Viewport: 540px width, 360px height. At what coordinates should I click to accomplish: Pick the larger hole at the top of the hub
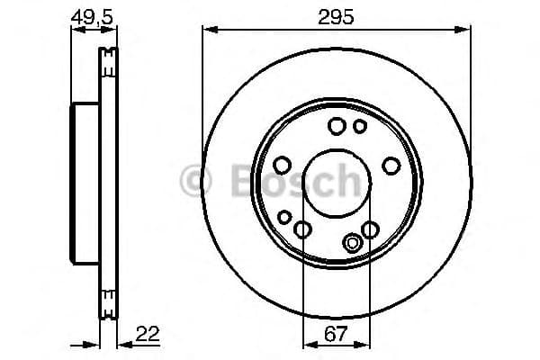coord(337,126)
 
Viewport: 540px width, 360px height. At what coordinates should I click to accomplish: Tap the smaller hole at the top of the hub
coord(360,126)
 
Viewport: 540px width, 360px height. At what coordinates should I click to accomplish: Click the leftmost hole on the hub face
coord(281,166)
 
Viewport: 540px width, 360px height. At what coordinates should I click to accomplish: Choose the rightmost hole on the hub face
coord(391,166)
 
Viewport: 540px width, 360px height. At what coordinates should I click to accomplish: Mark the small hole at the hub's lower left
coord(284,217)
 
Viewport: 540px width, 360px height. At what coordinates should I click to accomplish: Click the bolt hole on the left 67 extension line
coord(303,229)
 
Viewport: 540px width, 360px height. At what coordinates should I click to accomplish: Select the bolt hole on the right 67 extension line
coord(370,229)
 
